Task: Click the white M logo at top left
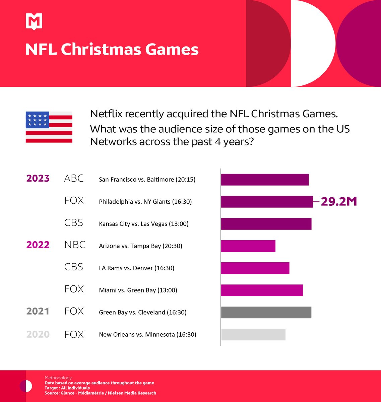[x=34, y=22]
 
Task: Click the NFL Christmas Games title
[x=112, y=50]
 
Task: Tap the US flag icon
[x=49, y=127]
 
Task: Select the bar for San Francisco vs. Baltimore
[x=264, y=180]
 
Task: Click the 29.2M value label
[x=339, y=202]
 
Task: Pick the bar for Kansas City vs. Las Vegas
[x=266, y=224]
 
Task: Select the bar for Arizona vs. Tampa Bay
[x=248, y=246]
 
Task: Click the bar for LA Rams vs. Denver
[x=255, y=268]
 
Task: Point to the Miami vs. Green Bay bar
[x=261, y=290]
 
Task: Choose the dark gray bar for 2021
[x=266, y=312]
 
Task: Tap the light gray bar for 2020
[x=253, y=334]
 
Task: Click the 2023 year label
[x=38, y=179]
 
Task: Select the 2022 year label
[x=38, y=245]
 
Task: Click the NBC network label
[x=75, y=245]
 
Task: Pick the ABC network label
[x=74, y=179]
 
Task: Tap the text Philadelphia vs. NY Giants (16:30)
[x=145, y=202]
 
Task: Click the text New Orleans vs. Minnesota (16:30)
[x=147, y=334]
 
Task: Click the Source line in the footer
[x=100, y=393]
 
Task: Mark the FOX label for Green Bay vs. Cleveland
[x=74, y=311]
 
